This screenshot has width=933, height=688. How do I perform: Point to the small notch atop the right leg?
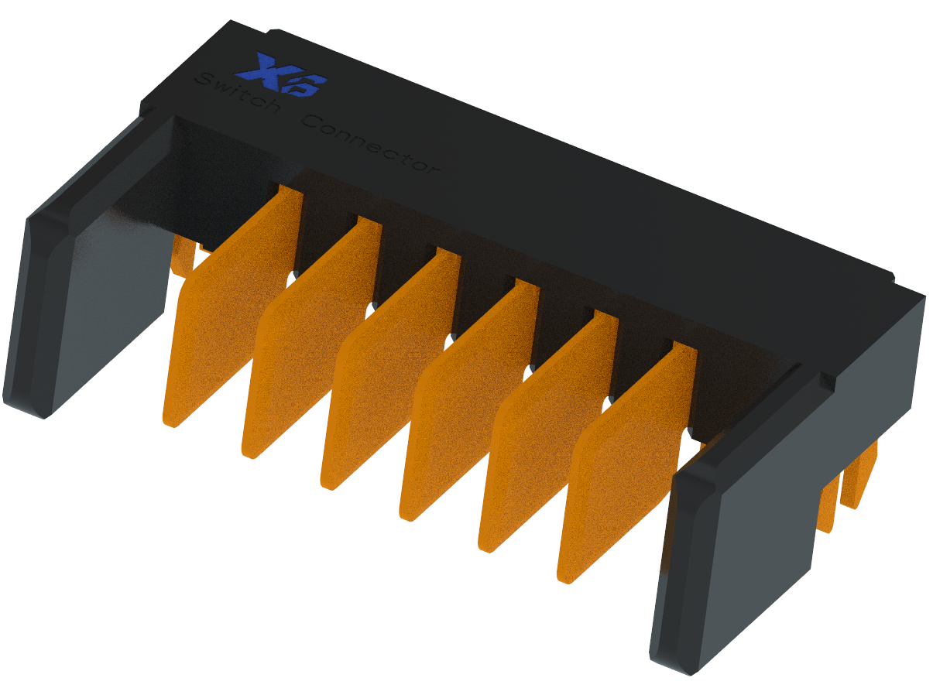pos(827,380)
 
